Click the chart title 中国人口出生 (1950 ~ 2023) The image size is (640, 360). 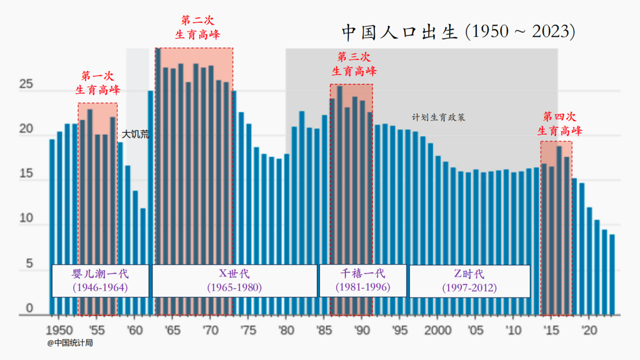click(x=458, y=32)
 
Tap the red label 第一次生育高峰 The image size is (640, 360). click(x=98, y=83)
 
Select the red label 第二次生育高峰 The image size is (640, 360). click(x=197, y=27)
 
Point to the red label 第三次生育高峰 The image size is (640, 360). click(x=354, y=64)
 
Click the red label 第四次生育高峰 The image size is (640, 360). click(x=559, y=123)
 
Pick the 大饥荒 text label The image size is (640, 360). click(x=135, y=134)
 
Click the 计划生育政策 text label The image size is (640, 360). click(x=438, y=118)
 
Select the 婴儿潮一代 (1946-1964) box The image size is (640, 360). click(x=100, y=280)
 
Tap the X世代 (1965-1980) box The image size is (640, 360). click(x=234, y=280)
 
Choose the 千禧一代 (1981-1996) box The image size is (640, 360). click(x=363, y=280)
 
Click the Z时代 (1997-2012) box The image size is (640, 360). click(x=469, y=280)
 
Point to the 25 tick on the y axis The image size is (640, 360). click(x=26, y=84)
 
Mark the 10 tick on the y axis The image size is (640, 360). click(x=26, y=219)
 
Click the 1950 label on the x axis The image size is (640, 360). click(x=59, y=330)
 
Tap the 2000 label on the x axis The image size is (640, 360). click(x=438, y=330)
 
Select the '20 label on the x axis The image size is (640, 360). click(x=588, y=330)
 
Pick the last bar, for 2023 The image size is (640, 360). click(x=612, y=274)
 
